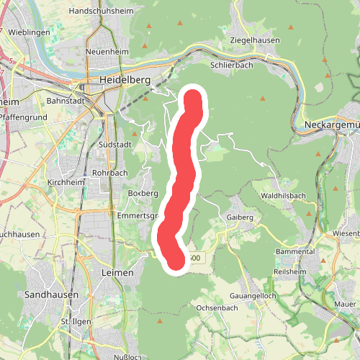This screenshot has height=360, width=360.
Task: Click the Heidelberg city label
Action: point(125,81)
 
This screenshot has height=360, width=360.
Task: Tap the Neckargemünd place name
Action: point(327,124)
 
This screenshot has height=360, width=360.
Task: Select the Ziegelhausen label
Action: point(254,40)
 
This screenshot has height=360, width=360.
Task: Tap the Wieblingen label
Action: point(30,32)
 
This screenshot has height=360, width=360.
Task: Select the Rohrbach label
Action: point(109,174)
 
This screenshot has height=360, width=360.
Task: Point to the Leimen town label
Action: point(108,273)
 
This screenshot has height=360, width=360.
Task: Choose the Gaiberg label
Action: point(240,217)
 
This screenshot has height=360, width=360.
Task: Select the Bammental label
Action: point(295,252)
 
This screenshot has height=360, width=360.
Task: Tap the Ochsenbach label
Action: point(217,307)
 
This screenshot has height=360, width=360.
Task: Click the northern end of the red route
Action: point(194,98)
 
